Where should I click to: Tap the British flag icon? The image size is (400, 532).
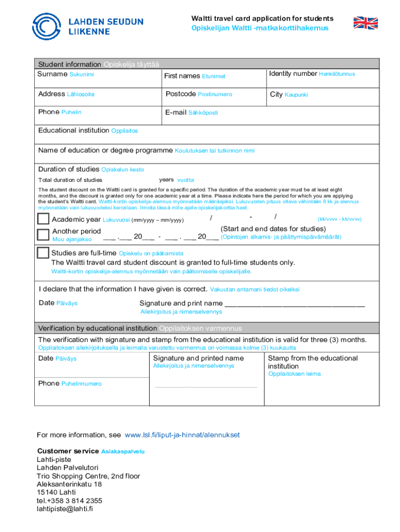point(366,23)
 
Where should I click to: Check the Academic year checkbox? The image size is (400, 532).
point(44,219)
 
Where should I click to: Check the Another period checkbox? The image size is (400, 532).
point(44,234)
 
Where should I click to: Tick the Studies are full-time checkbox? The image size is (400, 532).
point(44,253)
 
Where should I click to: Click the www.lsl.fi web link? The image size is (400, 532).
point(182,435)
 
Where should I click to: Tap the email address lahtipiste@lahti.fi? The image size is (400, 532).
point(64,509)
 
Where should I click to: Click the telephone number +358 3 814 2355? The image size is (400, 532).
point(69,501)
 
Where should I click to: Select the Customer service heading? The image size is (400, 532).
point(68,451)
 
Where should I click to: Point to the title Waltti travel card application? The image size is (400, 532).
point(262,19)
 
